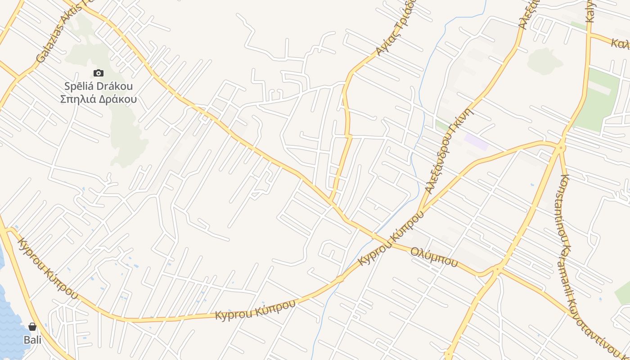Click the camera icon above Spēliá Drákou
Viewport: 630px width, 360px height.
pyautogui.click(x=98, y=73)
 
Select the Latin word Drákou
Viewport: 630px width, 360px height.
pyautogui.click(x=116, y=86)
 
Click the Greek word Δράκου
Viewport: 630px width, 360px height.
pyautogui.click(x=118, y=99)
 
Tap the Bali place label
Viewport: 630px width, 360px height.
pyautogui.click(x=32, y=340)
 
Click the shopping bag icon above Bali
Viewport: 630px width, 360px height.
pyautogui.click(x=32, y=327)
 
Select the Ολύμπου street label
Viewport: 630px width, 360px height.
pyautogui.click(x=434, y=256)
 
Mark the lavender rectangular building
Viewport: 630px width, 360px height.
pyautogui.click(x=476, y=142)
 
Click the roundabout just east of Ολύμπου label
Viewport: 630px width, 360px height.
pyautogui.click(x=497, y=270)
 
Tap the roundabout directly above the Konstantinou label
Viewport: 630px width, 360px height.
pyautogui.click(x=561, y=147)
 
